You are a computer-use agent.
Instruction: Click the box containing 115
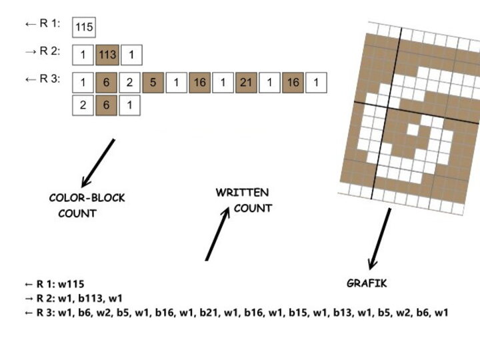point(84,27)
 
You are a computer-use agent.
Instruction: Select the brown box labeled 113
point(107,55)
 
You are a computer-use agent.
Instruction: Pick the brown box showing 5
point(153,83)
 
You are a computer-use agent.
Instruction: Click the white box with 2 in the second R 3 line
point(83,105)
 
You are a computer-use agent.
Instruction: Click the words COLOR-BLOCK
point(87,198)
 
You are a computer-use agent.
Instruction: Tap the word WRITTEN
point(242,193)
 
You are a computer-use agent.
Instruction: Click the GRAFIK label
point(367,283)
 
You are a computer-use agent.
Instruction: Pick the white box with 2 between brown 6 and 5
point(130,83)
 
